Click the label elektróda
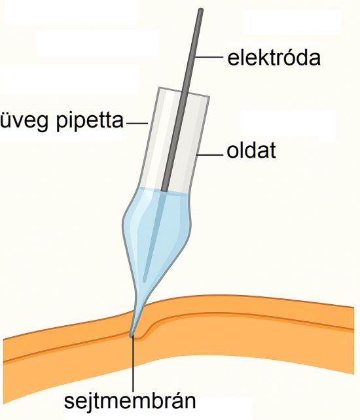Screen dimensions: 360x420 click(274, 58)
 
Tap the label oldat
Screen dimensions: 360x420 click(251, 151)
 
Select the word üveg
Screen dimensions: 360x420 click(26, 121)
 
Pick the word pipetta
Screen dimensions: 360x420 click(90, 121)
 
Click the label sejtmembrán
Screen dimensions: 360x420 click(130, 401)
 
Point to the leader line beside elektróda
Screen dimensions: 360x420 click(209, 57)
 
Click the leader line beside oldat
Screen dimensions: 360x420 click(210, 155)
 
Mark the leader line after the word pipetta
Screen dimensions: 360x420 click(137, 124)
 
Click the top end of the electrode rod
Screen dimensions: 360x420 click(200, 10)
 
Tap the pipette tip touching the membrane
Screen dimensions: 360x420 click(132, 334)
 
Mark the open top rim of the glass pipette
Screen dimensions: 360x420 click(184, 92)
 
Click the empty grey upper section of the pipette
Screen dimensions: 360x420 click(174, 139)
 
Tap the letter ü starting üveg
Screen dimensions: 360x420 click(5, 122)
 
